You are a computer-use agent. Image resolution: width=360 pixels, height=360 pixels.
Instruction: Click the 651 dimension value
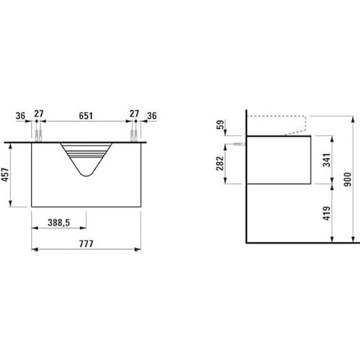(x=86, y=116)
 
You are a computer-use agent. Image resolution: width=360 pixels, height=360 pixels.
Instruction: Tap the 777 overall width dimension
(x=86, y=244)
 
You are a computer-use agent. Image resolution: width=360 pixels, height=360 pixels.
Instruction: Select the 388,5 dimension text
(x=59, y=222)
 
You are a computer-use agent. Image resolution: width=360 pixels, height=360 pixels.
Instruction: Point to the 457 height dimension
(x=5, y=174)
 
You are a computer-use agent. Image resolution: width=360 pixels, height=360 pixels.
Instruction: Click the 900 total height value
(x=347, y=179)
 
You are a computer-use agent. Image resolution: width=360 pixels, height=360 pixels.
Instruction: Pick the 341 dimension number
(x=327, y=160)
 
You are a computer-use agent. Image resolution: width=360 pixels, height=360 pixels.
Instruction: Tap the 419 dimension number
(x=327, y=213)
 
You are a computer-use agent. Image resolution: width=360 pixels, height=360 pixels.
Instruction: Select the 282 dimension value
(x=220, y=163)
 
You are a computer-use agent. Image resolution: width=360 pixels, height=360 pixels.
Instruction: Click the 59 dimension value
(x=220, y=125)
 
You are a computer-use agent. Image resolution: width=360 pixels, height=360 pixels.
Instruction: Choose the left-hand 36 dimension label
(x=20, y=116)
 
